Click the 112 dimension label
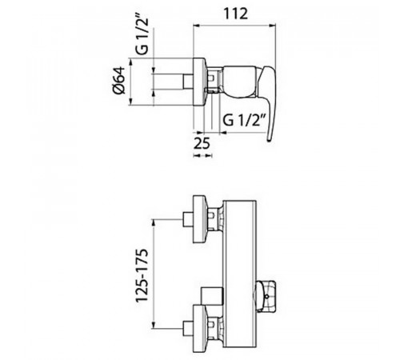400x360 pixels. [x=236, y=14]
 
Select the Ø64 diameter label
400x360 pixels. [x=119, y=80]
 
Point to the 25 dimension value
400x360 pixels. [x=202, y=143]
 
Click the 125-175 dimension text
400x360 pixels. [x=142, y=275]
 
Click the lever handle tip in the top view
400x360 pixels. [x=270, y=138]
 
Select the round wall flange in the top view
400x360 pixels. [x=199, y=82]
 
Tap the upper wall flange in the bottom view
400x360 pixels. [x=199, y=219]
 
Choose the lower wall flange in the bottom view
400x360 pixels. [x=199, y=329]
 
